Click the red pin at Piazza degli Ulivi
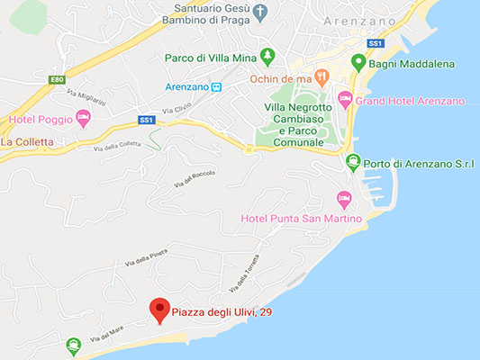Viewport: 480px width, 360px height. tap(159, 309)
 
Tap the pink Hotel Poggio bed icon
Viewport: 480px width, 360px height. tap(83, 117)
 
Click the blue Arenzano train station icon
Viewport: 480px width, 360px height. tap(216, 86)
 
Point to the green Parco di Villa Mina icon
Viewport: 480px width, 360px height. tap(267, 57)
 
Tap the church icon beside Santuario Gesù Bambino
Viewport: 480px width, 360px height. tap(260, 13)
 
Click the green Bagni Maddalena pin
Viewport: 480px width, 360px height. tap(358, 63)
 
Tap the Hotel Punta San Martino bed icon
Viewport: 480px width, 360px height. tap(342, 198)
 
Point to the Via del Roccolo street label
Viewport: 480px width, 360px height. tap(195, 179)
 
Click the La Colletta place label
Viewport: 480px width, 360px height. tap(27, 141)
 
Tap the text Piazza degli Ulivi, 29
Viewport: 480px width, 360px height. tap(222, 311)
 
